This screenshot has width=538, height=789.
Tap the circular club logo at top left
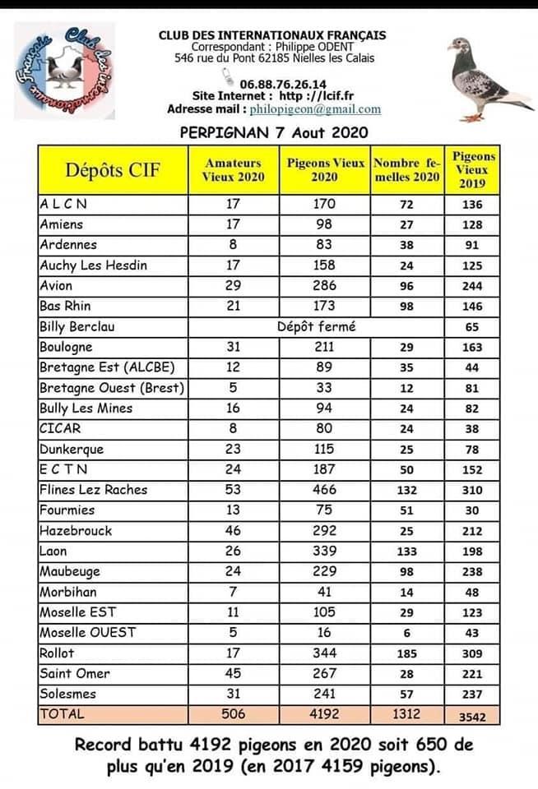[64, 72]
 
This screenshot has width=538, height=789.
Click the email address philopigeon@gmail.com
[315, 109]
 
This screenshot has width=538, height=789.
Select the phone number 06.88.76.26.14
[283, 84]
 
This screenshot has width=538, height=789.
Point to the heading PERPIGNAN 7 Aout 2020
[274, 131]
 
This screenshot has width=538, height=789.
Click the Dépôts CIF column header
[114, 170]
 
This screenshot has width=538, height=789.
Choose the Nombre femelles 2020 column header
[406, 169]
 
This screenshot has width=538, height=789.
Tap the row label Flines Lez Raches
[94, 490]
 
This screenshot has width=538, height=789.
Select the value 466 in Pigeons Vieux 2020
[324, 490]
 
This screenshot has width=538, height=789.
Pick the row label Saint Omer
[75, 674]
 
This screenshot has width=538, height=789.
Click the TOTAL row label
[62, 715]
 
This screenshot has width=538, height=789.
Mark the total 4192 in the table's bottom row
[324, 715]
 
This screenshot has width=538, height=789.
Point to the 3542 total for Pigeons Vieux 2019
[472, 717]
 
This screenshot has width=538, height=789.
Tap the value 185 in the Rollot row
[406, 654]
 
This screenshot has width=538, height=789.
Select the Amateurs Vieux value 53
[233, 490]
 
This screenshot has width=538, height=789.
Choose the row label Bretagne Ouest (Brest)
[112, 388]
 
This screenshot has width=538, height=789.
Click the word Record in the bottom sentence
[103, 746]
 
